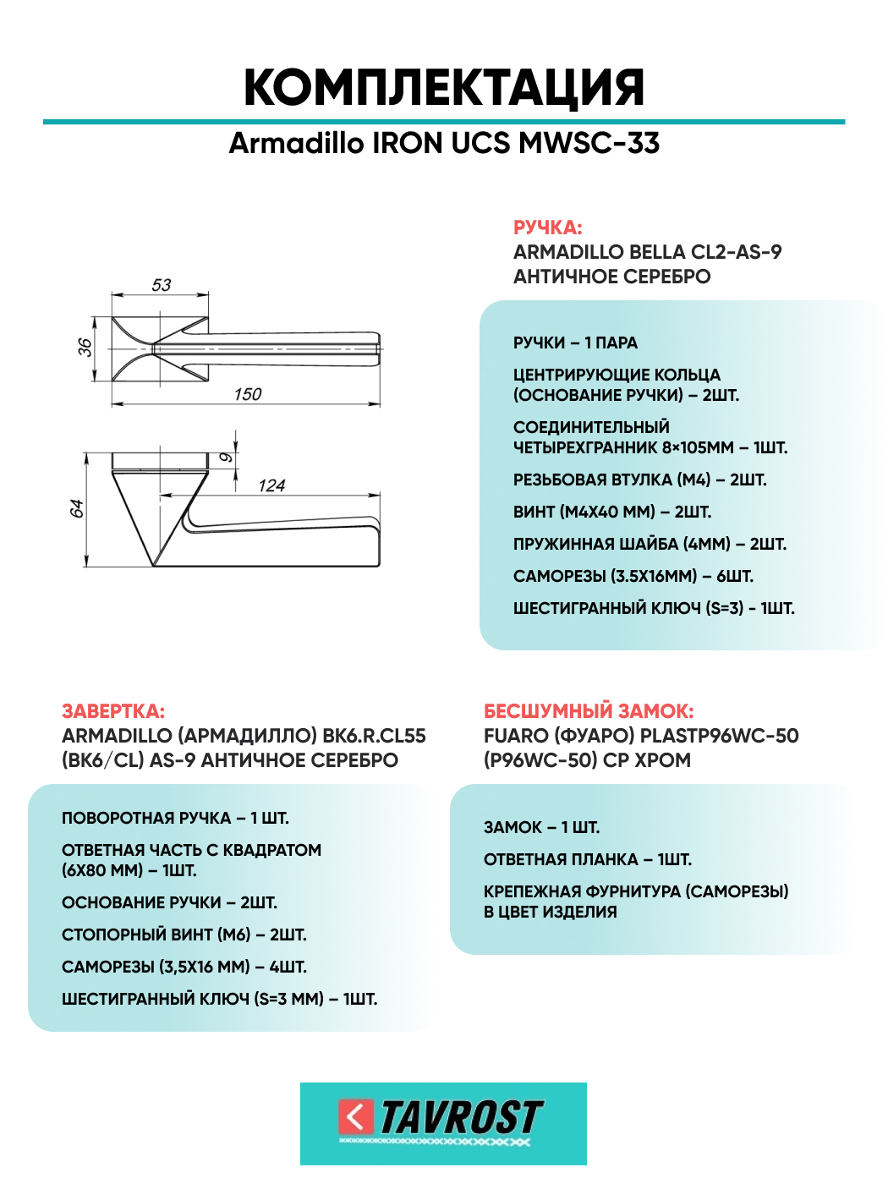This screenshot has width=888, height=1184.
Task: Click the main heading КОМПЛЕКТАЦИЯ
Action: click(444, 87)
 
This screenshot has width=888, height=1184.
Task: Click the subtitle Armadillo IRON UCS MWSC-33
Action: click(444, 143)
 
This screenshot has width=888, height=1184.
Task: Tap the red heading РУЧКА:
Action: click(547, 227)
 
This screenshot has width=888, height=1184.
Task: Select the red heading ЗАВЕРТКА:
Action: click(113, 711)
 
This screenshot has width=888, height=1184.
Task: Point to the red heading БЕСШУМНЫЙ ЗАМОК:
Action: click(589, 711)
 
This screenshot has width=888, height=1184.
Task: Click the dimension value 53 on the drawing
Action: click(161, 285)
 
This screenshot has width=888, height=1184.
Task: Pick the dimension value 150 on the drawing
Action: click(248, 394)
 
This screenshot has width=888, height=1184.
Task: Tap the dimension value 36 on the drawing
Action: click(85, 348)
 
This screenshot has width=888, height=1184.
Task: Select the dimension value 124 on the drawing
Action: click(271, 485)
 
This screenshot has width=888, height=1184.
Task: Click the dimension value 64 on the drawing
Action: click(76, 508)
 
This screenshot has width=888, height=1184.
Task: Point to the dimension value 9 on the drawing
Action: click(226, 458)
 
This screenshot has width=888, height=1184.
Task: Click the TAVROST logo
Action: click(443, 1123)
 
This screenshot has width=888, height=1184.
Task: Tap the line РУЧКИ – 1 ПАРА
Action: click(575, 343)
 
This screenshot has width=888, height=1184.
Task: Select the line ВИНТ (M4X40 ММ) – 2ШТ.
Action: click(611, 512)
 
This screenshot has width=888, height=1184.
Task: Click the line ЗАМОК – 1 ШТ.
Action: click(541, 827)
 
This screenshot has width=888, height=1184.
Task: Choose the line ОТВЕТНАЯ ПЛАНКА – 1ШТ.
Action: click(587, 859)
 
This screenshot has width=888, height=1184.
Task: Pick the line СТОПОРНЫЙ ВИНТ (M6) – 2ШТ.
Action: click(184, 935)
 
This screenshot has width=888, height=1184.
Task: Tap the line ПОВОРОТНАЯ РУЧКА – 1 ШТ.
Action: click(175, 818)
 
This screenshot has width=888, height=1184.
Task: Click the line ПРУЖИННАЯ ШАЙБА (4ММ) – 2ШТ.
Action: click(650, 544)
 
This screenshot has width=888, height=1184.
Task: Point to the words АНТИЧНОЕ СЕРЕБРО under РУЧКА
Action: click(611, 277)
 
